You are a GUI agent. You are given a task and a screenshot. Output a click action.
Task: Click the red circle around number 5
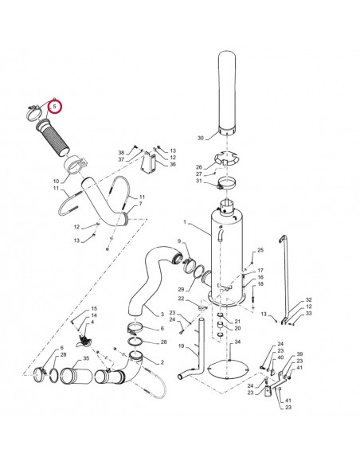[55, 107]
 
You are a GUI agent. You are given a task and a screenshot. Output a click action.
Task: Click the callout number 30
[201, 138]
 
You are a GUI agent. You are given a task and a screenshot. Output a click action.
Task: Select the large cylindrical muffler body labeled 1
[227, 252]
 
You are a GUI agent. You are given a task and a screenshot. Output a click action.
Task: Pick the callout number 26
[198, 167]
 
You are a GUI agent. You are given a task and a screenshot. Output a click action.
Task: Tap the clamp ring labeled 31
[227, 183]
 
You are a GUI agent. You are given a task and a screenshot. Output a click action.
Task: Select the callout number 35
[86, 358]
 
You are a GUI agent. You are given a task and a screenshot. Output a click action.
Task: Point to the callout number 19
[181, 346]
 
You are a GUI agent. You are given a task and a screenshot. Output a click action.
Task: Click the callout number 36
[173, 164]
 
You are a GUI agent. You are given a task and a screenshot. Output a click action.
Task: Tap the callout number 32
[309, 300]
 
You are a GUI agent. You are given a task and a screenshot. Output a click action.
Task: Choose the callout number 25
[260, 250]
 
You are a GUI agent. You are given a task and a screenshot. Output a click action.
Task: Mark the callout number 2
[162, 362]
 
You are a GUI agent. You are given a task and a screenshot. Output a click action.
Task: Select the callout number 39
[299, 354]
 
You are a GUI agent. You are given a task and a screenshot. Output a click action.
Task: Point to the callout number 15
[94, 308]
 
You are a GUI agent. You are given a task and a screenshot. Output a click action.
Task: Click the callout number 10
[56, 182]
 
